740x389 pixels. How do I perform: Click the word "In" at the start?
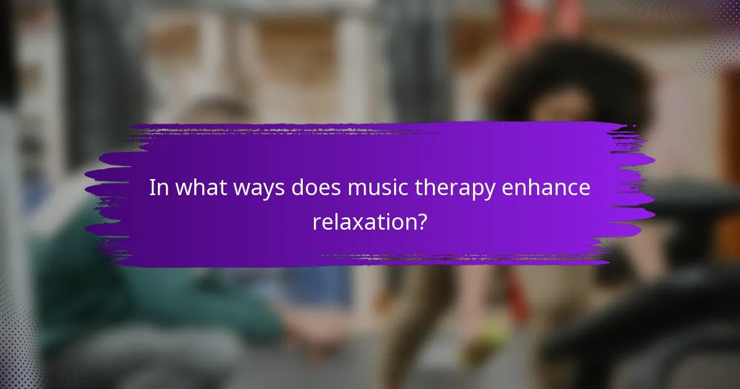(158, 188)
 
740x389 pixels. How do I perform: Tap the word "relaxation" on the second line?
(362, 222)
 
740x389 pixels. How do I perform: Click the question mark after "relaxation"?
(421, 222)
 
